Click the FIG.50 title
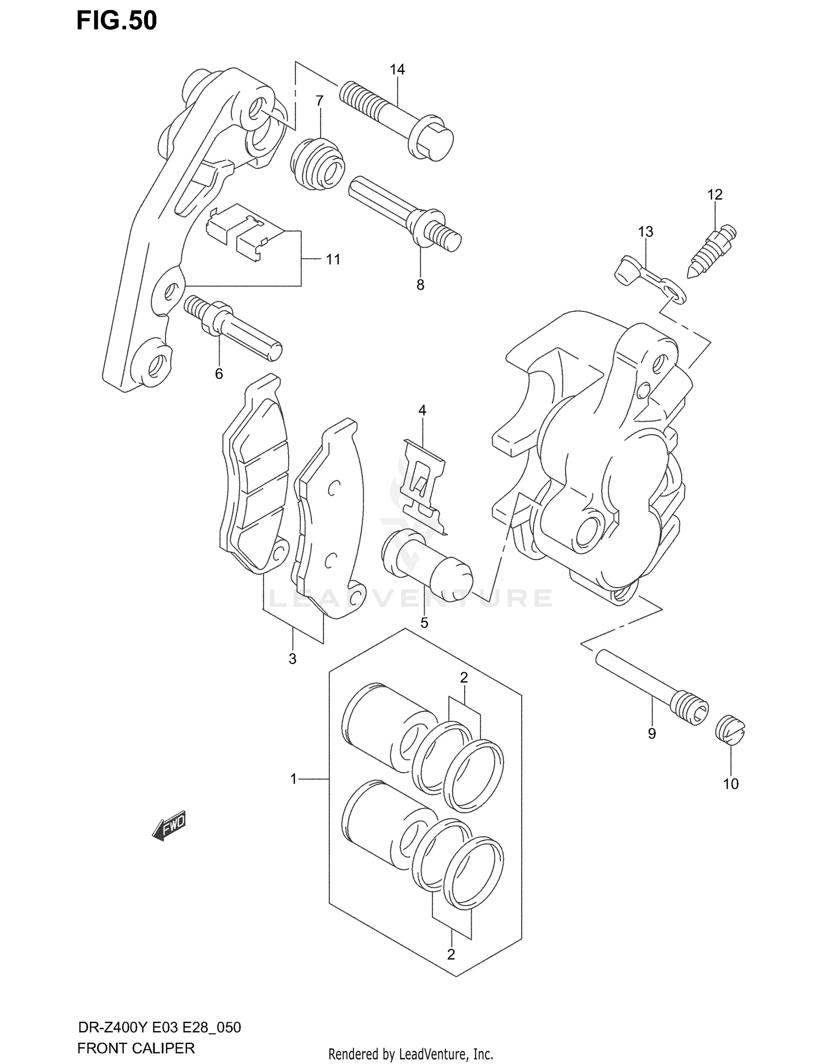117,20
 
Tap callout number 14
397,70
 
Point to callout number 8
420,285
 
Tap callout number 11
333,259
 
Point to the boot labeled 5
427,570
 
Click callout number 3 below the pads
293,659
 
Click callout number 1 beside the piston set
294,778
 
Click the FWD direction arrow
170,825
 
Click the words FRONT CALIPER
136,1049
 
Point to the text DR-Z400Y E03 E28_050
159,1027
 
